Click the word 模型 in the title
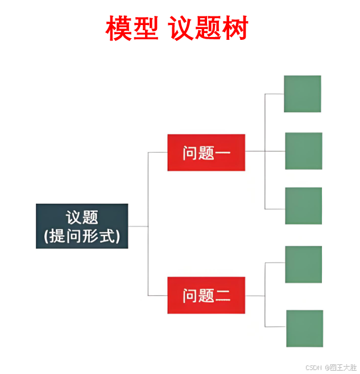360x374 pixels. tap(132, 28)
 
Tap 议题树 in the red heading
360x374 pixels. tap(209, 28)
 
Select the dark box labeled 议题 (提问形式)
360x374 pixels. tap(82, 226)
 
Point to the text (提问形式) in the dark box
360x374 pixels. tap(82, 236)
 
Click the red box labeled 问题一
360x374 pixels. tap(206, 153)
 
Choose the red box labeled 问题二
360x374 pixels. tap(206, 295)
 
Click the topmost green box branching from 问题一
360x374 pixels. tap(303, 94)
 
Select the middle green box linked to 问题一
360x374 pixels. tap(303, 151)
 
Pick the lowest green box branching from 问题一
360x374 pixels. tap(303, 206)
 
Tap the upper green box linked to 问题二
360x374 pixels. tap(303, 265)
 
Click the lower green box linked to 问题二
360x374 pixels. tap(304, 328)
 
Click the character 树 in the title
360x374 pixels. tap(235, 28)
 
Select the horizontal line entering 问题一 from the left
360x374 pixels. tap(158, 152)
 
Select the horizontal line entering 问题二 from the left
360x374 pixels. tap(158, 295)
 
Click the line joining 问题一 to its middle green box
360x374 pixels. tap(265, 151)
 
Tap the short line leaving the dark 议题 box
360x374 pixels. tap(138, 226)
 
